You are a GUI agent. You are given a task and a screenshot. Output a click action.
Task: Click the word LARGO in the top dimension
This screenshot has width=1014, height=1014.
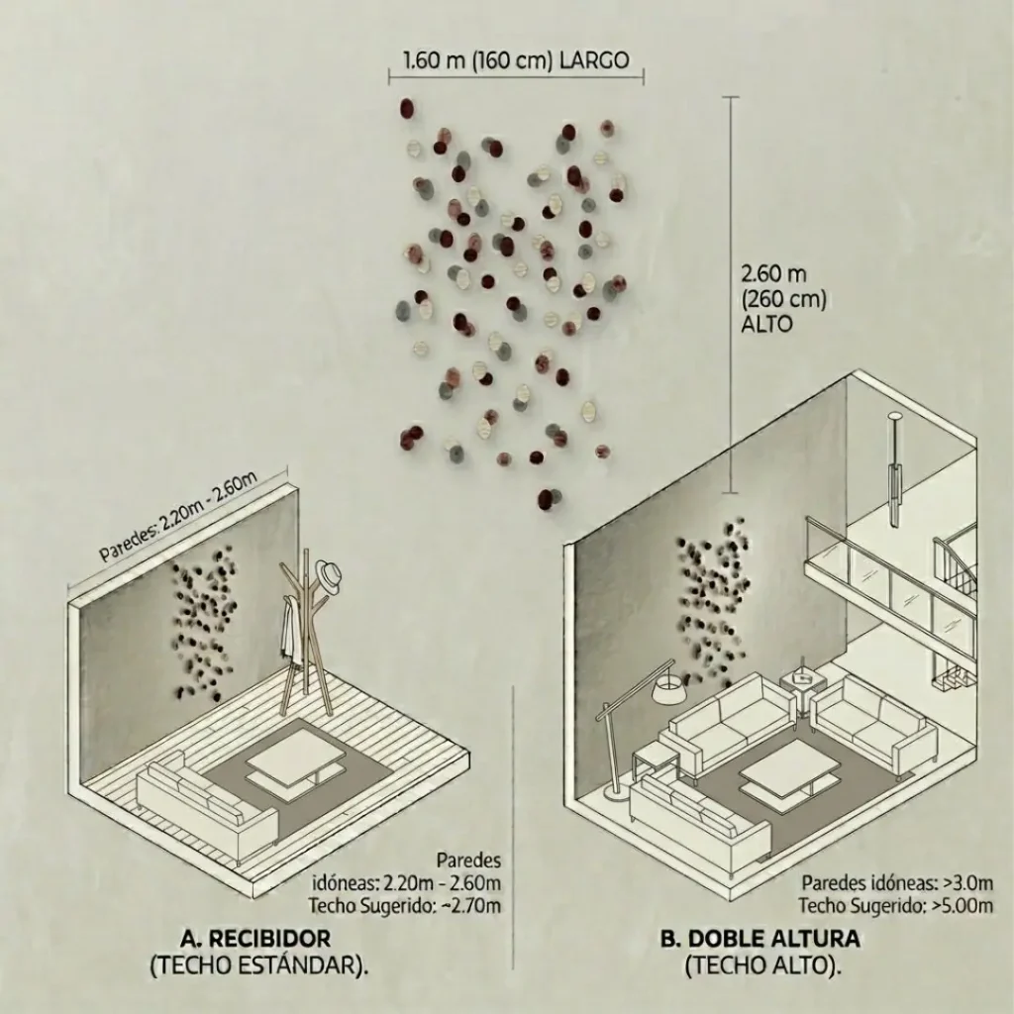click(x=594, y=60)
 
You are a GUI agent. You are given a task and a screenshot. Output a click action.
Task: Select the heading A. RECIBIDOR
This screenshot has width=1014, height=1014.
click(x=255, y=938)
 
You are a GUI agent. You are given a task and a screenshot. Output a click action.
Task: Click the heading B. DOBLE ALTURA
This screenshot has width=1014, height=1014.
click(x=760, y=938)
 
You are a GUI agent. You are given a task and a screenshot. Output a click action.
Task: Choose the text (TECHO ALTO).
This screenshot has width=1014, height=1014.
click(x=763, y=964)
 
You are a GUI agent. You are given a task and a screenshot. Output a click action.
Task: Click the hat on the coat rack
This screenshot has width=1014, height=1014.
click(x=329, y=577)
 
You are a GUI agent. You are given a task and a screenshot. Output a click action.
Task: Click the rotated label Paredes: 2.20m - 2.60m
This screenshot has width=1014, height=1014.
click(x=178, y=516)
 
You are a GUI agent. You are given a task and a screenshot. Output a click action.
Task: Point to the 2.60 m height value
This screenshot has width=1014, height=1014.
click(x=773, y=273)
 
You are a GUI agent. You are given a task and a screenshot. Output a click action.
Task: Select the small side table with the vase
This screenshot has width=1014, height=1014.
click(x=802, y=687)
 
